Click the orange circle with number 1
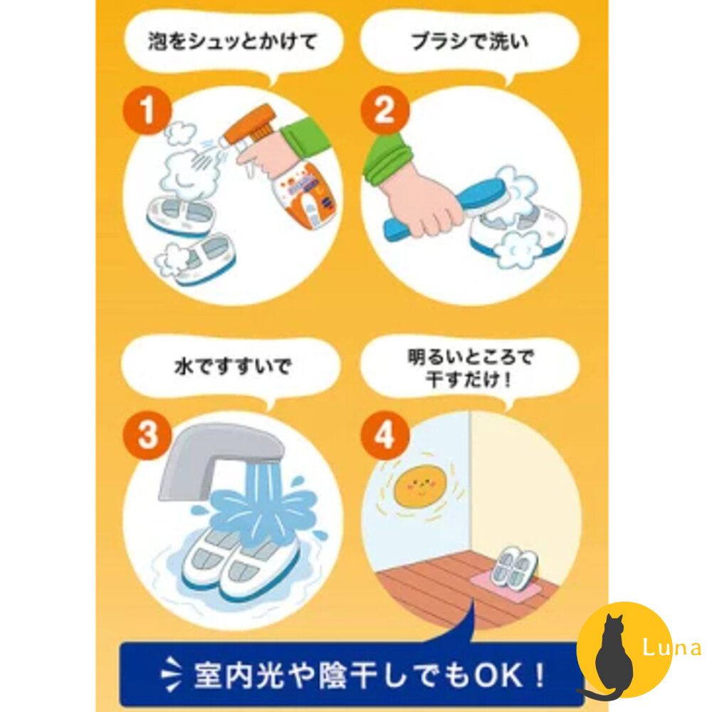coord(147,112)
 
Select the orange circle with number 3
coord(147,435)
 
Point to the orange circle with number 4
coord(384,435)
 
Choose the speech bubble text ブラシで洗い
coord(470,41)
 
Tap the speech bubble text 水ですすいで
coord(232,370)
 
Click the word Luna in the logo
coord(671,648)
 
